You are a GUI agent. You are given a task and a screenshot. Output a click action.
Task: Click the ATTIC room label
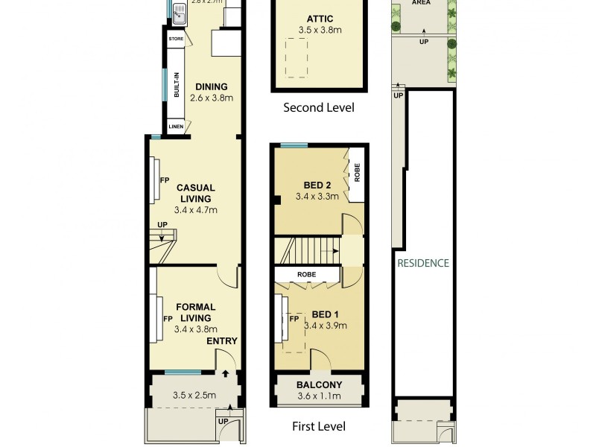319,19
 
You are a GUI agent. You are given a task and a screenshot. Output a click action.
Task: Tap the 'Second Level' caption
319,107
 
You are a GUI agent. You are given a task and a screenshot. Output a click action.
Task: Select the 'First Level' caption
319,427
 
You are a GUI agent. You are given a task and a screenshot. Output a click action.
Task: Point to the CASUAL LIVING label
195,193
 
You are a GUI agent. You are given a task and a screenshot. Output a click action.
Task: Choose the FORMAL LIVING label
196,312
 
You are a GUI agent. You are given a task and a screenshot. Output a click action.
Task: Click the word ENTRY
222,341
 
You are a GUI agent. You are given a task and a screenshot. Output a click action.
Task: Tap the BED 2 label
317,186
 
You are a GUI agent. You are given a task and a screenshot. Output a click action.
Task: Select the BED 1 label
318,314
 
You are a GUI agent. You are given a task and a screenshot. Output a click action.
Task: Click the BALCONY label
319,385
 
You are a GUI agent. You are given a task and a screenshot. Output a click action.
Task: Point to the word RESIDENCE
423,263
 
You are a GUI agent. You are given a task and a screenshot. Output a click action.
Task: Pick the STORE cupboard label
176,39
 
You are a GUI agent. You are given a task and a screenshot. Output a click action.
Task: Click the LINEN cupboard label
176,127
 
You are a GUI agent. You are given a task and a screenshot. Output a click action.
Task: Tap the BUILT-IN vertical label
177,84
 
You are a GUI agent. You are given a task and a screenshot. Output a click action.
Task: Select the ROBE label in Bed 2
357,173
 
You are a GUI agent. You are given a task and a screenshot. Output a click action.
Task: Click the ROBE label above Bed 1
306,275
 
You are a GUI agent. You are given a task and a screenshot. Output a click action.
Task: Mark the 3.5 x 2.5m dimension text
194,396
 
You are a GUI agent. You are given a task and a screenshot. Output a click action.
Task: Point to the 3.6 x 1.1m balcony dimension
319,396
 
